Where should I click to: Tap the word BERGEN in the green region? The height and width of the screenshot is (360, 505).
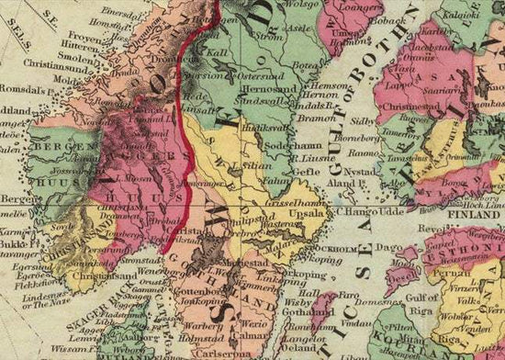pyautogui.click(x=54, y=147)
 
